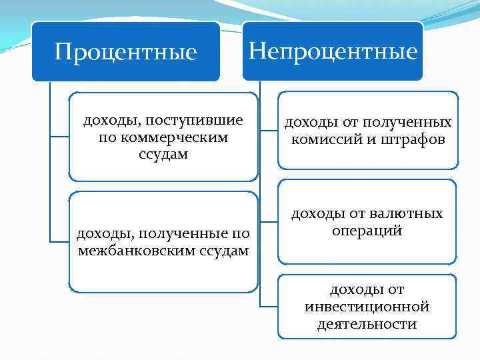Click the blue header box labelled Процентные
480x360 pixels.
pyautogui.click(x=126, y=52)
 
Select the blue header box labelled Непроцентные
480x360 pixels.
pyautogui.click(x=332, y=51)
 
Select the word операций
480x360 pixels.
pyautogui.click(x=367, y=231)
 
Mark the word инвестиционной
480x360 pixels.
pyautogui.click(x=367, y=307)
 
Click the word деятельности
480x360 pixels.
pyautogui.click(x=367, y=324)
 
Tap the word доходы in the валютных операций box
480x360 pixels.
pyautogui.click(x=318, y=213)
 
